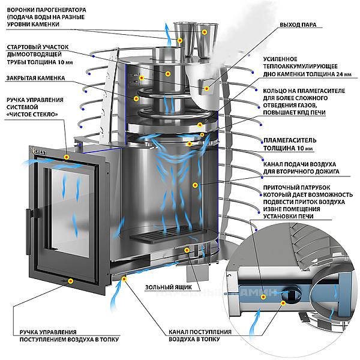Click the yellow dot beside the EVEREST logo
(66, 157)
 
